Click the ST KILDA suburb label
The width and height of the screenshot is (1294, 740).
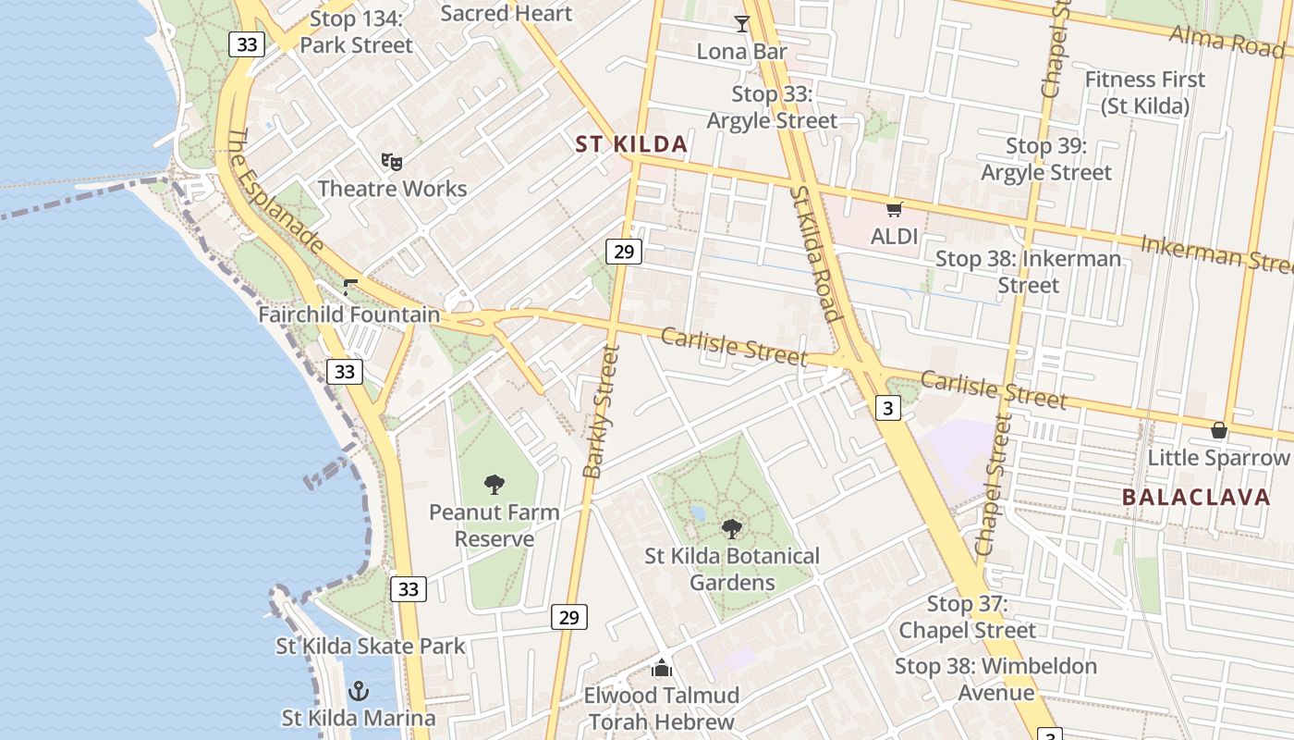(x=631, y=144)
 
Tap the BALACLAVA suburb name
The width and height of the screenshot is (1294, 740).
(x=1196, y=497)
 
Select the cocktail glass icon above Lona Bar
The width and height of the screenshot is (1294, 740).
(x=741, y=24)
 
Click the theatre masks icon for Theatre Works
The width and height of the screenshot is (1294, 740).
(x=392, y=162)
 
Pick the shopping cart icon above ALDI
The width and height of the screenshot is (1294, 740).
(x=894, y=210)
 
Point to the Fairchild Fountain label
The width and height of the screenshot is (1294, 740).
(x=348, y=314)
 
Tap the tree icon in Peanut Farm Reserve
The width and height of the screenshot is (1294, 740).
(x=494, y=484)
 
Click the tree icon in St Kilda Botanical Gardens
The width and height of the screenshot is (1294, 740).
(x=732, y=529)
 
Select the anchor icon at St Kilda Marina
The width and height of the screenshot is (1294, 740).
(x=358, y=691)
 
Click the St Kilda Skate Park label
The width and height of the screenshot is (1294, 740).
(x=371, y=646)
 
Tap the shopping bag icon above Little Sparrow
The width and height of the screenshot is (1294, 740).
(x=1219, y=430)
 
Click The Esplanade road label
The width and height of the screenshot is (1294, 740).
(x=275, y=190)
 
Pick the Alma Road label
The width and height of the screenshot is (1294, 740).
(x=1227, y=40)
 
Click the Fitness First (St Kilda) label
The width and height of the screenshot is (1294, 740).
(x=1144, y=92)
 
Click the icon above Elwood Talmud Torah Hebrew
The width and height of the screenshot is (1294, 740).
(x=662, y=668)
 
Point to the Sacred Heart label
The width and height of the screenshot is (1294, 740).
(x=507, y=13)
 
